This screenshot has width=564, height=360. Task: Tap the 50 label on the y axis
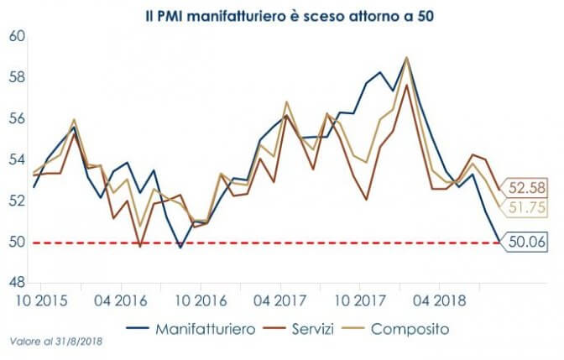(x=18, y=243)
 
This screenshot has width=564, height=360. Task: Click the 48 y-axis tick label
(x=18, y=284)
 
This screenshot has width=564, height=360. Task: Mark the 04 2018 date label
(x=439, y=300)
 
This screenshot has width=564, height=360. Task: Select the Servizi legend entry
(x=317, y=329)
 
